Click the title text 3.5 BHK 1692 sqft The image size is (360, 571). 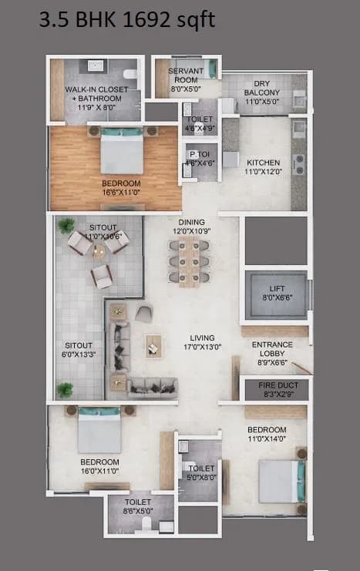point(127,20)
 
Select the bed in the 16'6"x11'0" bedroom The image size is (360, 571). point(122,150)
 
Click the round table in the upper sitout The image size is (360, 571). point(99,250)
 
